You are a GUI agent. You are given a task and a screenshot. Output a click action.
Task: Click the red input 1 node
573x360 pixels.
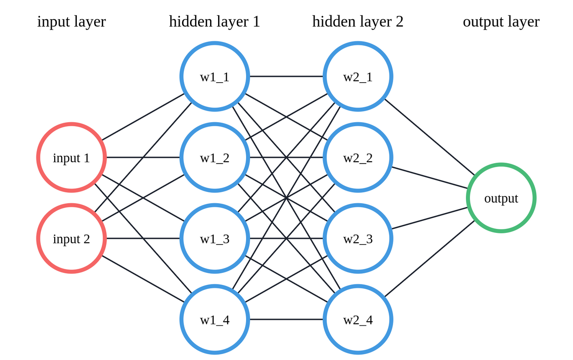(72, 157)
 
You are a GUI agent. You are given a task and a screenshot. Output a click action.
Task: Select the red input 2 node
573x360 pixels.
(72, 238)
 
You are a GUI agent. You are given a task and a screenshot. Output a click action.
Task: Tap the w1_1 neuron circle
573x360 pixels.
(215, 76)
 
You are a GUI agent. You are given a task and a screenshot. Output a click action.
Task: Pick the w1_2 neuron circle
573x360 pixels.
(215, 157)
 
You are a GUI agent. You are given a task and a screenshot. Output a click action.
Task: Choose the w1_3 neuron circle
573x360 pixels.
(215, 238)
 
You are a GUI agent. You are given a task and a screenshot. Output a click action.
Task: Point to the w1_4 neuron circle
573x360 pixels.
(215, 319)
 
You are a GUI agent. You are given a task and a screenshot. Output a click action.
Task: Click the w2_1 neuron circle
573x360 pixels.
(358, 76)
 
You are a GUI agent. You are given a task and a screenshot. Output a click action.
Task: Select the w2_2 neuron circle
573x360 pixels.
(358, 157)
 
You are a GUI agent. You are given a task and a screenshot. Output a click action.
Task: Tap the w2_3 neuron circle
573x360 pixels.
(358, 238)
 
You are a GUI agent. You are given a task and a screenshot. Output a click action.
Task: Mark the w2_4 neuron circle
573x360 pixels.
(358, 319)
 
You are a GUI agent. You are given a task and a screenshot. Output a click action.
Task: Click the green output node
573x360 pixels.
(501, 198)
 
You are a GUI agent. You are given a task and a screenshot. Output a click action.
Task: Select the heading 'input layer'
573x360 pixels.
(72, 21)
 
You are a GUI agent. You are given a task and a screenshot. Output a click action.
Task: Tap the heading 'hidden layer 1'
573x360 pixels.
(215, 21)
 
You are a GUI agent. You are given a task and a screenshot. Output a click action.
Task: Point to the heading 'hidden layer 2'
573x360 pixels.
(358, 21)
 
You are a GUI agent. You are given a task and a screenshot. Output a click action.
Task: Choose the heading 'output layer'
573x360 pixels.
(501, 21)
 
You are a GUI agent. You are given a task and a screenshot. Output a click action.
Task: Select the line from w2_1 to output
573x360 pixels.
(430, 137)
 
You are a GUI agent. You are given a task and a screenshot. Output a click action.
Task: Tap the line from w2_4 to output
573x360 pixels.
(430, 259)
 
